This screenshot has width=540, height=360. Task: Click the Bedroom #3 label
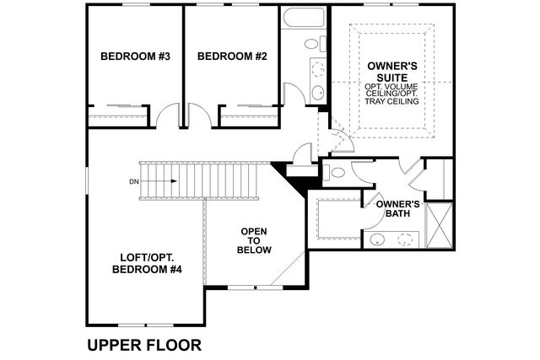click(135, 56)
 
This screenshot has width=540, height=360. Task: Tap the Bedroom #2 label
click(232, 56)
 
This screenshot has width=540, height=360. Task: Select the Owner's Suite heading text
click(391, 72)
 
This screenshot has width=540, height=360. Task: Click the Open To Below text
click(254, 240)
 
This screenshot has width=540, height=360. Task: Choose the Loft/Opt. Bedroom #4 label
click(147, 263)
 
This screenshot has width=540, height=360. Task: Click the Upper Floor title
click(144, 345)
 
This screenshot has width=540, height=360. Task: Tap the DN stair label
click(134, 182)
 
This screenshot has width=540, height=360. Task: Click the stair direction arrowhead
click(174, 181)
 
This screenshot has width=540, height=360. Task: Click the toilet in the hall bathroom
click(315, 44)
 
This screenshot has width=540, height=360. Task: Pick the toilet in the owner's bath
click(334, 172)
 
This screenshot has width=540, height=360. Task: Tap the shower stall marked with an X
click(439, 225)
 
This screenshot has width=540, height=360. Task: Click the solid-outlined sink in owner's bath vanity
click(377, 239)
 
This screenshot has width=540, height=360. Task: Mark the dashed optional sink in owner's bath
click(405, 239)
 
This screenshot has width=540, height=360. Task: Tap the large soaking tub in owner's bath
click(339, 218)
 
